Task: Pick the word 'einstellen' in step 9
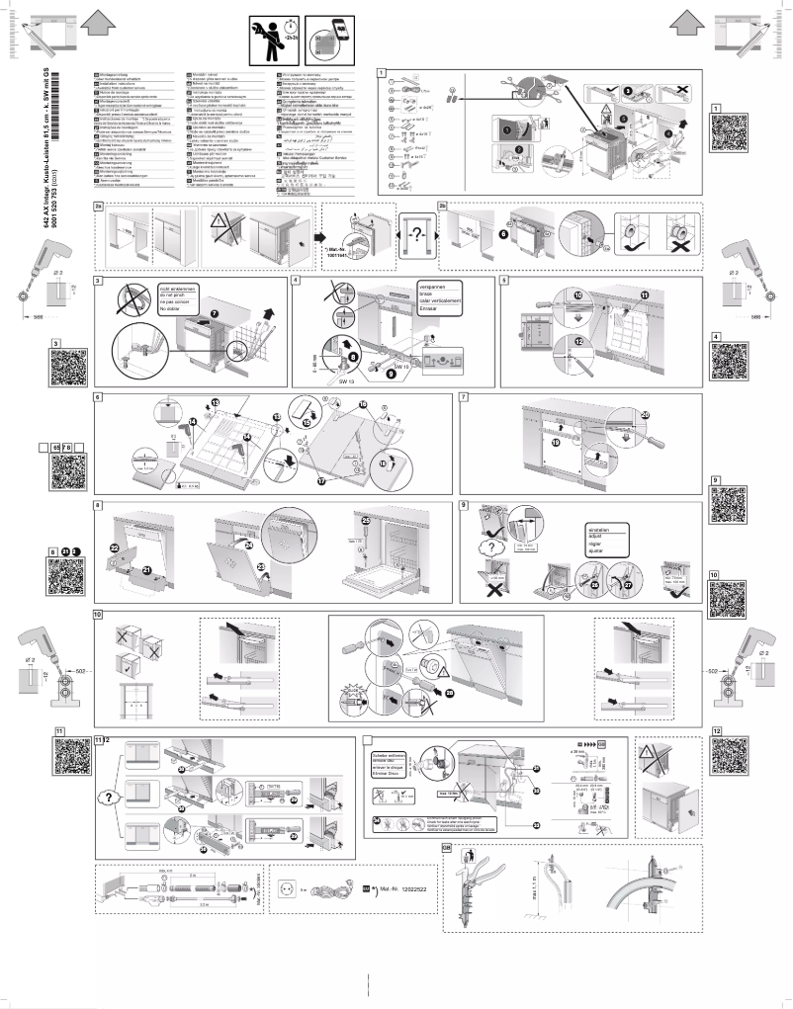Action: (601, 529)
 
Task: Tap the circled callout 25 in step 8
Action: (366, 520)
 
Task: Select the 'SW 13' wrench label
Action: (346, 379)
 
